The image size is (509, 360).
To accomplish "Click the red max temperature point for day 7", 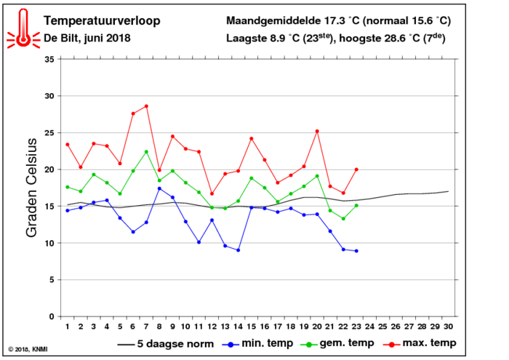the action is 146,106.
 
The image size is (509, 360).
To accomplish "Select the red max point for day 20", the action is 317,132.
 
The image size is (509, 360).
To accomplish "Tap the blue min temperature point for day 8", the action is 159,188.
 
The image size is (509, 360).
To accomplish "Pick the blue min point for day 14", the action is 239,250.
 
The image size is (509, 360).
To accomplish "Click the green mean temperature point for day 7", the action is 146,151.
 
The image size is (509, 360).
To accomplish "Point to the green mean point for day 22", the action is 343,219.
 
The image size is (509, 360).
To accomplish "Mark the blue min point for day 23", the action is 356,251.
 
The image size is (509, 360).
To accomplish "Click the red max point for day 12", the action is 212,193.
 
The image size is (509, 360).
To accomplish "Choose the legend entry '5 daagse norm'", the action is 166,344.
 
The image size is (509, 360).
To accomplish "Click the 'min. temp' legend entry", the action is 257,343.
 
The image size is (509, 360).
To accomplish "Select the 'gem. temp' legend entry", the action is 337,343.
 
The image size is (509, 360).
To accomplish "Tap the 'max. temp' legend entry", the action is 420,343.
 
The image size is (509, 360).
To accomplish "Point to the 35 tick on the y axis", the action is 49,60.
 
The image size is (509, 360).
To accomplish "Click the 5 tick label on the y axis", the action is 52,280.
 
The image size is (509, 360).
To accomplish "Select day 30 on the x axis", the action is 448,327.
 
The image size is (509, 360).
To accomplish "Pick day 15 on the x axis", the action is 252,327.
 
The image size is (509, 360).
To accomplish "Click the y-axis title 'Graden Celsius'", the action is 31,188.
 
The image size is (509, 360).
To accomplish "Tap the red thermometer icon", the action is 23,28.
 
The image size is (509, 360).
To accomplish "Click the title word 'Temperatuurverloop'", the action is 102,21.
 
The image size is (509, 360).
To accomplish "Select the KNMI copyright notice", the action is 28,349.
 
